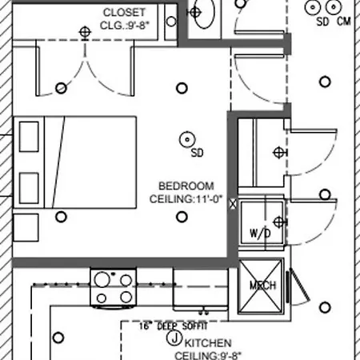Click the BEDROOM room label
point(186,186)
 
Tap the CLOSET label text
point(124,12)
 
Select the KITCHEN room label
point(208,343)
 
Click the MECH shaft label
point(262,286)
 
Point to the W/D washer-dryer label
point(260,233)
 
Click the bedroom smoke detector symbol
point(187,139)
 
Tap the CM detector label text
point(344,22)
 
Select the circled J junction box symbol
point(174,338)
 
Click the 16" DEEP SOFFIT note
point(174,326)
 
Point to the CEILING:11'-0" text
point(186,199)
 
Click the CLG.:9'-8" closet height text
point(125,26)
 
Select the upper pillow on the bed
point(29,137)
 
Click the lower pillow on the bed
point(29,188)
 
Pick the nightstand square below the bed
point(26,227)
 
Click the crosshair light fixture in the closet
point(85,33)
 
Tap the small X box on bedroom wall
point(233,204)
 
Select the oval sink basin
point(205,13)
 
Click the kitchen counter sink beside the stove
point(201,290)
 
